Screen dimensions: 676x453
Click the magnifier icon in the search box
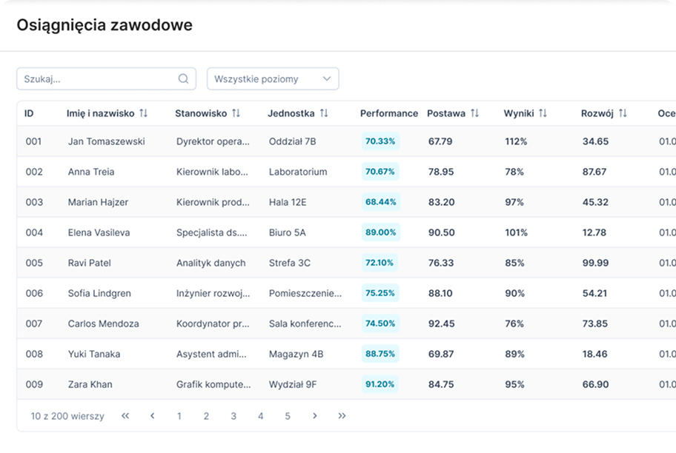tap(183, 78)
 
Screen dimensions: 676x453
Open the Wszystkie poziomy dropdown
tap(273, 78)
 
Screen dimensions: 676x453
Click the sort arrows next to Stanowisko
tap(236, 113)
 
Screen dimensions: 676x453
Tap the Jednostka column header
tap(291, 113)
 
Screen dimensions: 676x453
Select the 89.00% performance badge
tap(381, 232)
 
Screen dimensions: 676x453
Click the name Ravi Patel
tap(89, 263)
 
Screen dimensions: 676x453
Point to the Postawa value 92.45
tap(442, 323)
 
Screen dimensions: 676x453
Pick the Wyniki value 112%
tap(516, 141)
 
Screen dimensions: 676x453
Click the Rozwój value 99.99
tap(595, 263)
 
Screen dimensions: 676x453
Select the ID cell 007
tap(34, 323)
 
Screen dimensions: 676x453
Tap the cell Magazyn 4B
tap(296, 355)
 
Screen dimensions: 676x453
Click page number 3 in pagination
tap(233, 416)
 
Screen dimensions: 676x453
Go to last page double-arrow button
tap(342, 416)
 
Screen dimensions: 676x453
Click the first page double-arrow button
tap(125, 416)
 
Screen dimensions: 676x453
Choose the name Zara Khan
tap(90, 385)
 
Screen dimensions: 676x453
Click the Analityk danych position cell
tap(211, 263)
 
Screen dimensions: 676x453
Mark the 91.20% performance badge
tap(380, 385)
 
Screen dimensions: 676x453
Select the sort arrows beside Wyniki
tap(543, 113)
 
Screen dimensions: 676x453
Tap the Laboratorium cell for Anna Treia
tap(298, 172)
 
